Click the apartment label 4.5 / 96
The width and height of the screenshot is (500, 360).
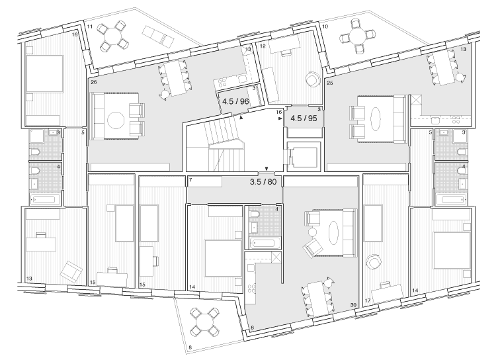point(235,102)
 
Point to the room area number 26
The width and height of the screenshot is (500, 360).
point(93,83)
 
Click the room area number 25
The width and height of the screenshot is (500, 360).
point(329,83)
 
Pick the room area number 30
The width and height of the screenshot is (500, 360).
point(354,305)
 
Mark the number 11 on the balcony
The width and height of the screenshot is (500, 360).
point(89,25)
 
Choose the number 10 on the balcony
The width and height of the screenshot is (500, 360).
point(325,26)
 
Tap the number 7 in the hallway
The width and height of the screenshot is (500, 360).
point(190,180)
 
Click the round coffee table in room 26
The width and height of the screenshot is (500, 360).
point(115,120)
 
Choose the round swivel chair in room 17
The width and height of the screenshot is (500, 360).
point(375,261)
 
